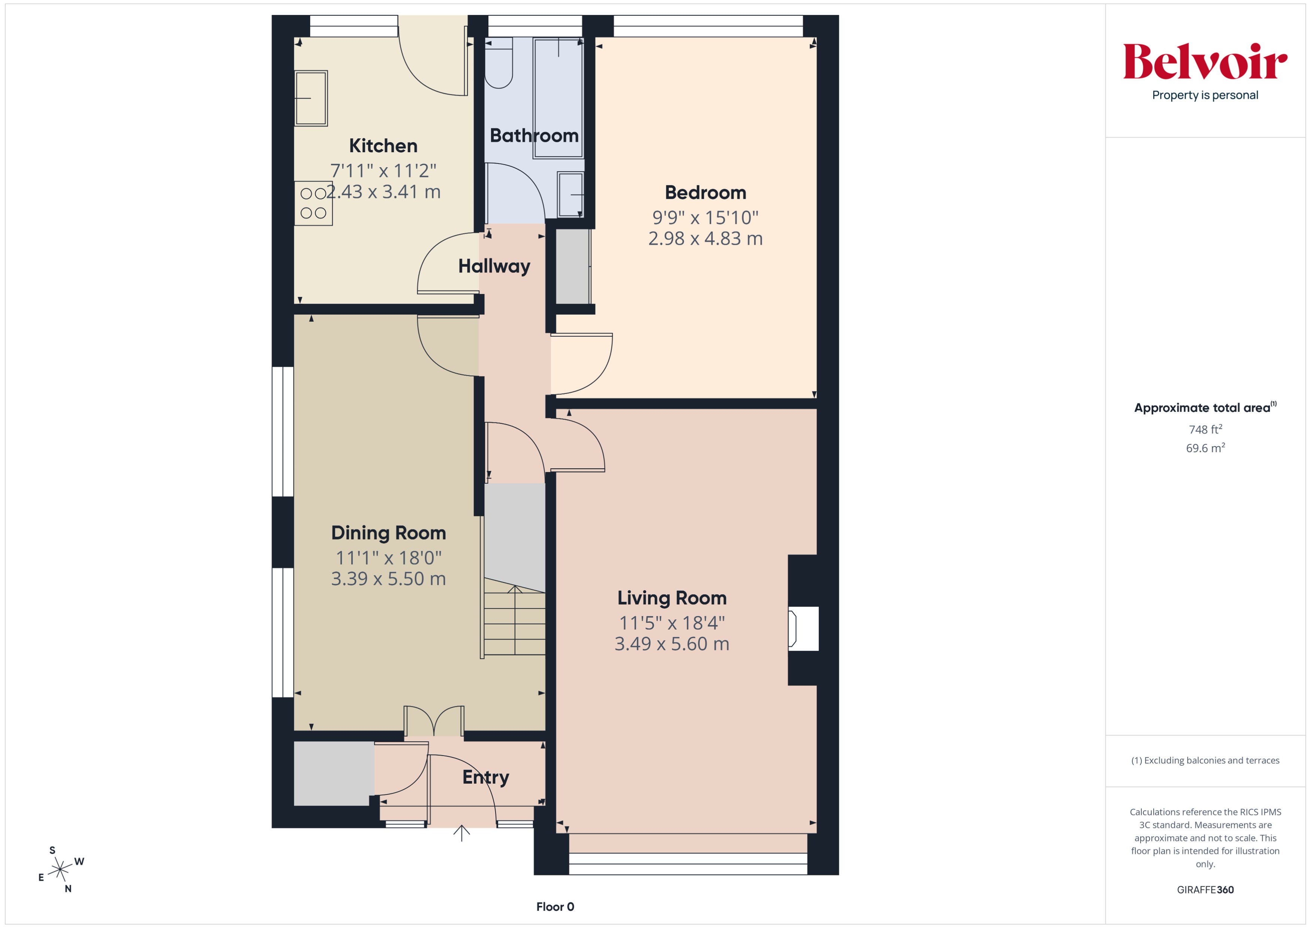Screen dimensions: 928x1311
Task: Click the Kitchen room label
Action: [383, 146]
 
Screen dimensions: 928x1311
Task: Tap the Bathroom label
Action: [534, 135]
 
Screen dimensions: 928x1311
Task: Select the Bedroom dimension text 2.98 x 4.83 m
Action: [705, 238]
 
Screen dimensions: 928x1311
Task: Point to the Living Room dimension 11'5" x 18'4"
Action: [672, 623]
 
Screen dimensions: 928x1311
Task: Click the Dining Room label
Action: [388, 532]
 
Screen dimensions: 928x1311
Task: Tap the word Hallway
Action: [494, 266]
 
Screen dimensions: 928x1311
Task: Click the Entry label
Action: [485, 777]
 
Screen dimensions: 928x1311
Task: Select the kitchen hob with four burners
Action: [313, 204]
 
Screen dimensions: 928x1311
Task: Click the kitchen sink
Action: [311, 98]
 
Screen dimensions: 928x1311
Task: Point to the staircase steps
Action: [514, 623]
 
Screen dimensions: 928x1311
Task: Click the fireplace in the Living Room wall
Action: [802, 628]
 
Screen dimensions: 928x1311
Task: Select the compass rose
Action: [60, 870]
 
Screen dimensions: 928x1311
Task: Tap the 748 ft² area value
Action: [1205, 429]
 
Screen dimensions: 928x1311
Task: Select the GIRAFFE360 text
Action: [1205, 890]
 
